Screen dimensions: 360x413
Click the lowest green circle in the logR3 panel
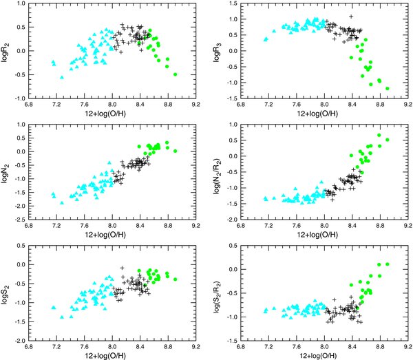[x=388, y=89]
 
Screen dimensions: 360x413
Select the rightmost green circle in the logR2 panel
[x=175, y=74]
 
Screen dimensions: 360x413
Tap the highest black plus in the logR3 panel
[x=351, y=16]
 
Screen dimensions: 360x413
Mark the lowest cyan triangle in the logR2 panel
[x=62, y=78]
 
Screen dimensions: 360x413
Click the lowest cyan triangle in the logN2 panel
[x=62, y=202]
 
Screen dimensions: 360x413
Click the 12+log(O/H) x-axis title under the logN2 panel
[x=112, y=235]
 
